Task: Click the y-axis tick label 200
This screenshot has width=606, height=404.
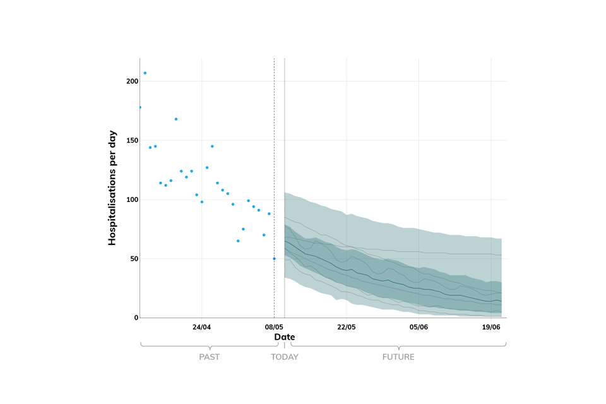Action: tap(131, 81)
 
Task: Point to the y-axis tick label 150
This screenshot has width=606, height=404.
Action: tap(131, 141)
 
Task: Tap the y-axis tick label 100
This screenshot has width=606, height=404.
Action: tap(131, 199)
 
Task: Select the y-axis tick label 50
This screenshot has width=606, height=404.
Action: tap(133, 259)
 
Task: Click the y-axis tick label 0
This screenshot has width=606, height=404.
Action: tap(136, 318)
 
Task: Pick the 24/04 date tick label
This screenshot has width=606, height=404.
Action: tap(201, 327)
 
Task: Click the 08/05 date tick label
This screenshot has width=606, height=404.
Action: tap(274, 327)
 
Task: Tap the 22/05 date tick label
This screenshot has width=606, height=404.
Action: tap(347, 327)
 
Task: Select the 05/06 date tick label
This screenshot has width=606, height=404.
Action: tap(419, 327)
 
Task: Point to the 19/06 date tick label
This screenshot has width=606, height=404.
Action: tap(491, 327)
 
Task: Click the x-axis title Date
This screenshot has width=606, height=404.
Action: tap(284, 337)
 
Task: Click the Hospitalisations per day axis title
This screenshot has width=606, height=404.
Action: tap(112, 188)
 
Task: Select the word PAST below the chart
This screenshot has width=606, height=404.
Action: tap(209, 357)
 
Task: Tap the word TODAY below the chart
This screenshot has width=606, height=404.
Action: tap(285, 357)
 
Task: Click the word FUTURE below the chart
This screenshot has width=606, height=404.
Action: tap(398, 357)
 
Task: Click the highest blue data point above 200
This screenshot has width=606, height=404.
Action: tap(145, 73)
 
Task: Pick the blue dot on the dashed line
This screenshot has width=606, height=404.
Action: tap(274, 259)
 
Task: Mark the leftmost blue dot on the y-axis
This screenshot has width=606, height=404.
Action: tap(140, 107)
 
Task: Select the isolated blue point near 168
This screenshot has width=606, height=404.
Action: tap(176, 119)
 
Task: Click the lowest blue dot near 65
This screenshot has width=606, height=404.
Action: tap(238, 241)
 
